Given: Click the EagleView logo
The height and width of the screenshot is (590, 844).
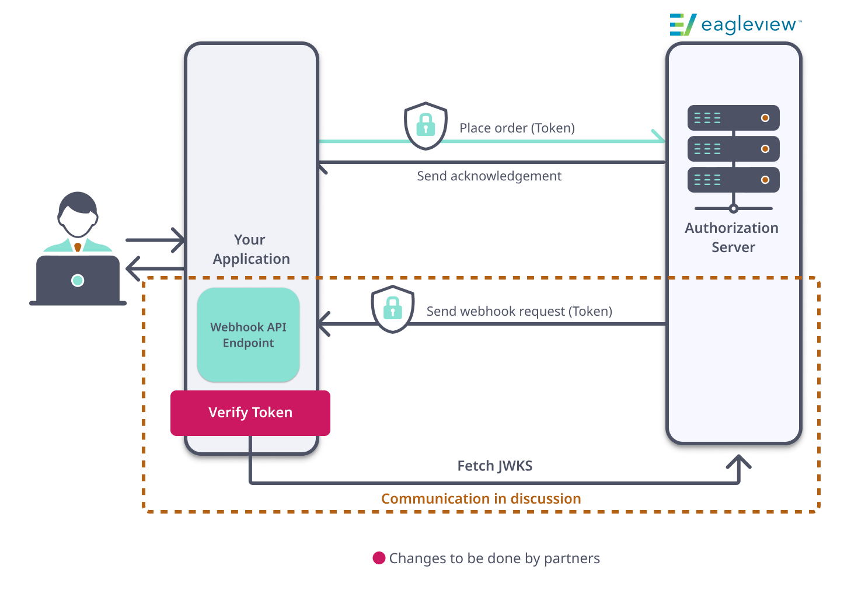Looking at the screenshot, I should (735, 25).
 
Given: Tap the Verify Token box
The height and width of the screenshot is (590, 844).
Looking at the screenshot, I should (250, 413).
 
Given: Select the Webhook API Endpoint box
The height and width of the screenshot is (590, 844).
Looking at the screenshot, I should (248, 335).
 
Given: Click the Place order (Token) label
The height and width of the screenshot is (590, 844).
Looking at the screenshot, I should (517, 128).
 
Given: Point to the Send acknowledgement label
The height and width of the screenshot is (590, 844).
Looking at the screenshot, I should (489, 176).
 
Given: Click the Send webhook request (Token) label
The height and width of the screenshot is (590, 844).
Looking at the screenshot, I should (519, 311).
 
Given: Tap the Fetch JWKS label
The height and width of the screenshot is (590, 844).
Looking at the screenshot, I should (494, 466).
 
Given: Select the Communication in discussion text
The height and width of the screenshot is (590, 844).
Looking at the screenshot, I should (481, 498).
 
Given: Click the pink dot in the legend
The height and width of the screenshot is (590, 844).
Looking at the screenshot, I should (379, 558).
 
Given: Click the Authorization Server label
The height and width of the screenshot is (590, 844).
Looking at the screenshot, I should (732, 237).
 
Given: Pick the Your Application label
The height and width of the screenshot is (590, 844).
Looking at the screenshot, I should (251, 249).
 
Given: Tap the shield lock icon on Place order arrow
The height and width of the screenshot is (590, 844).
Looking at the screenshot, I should (426, 125).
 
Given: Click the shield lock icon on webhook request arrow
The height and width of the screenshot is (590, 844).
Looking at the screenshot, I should (393, 309).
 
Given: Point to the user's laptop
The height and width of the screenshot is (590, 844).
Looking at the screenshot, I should (78, 280).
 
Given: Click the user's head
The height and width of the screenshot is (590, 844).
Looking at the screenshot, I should (78, 214).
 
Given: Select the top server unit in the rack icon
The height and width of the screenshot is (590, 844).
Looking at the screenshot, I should (733, 118).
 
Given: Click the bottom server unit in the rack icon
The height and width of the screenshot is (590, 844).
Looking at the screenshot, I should (733, 180).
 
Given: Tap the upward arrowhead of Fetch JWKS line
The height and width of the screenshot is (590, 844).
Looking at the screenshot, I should (738, 462).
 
